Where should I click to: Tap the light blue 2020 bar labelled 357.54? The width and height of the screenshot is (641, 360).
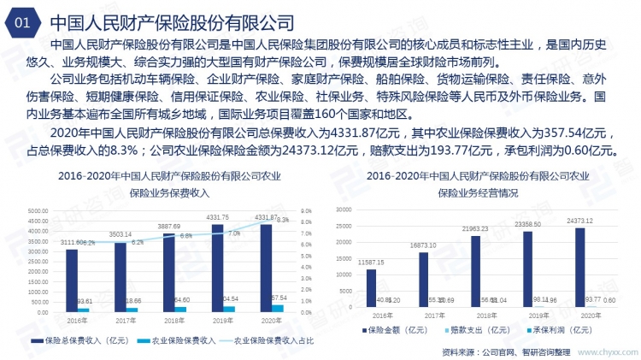click(278, 308)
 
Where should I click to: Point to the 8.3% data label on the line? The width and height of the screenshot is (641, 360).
click(281, 220)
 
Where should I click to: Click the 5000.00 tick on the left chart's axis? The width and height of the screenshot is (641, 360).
click(37, 210)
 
